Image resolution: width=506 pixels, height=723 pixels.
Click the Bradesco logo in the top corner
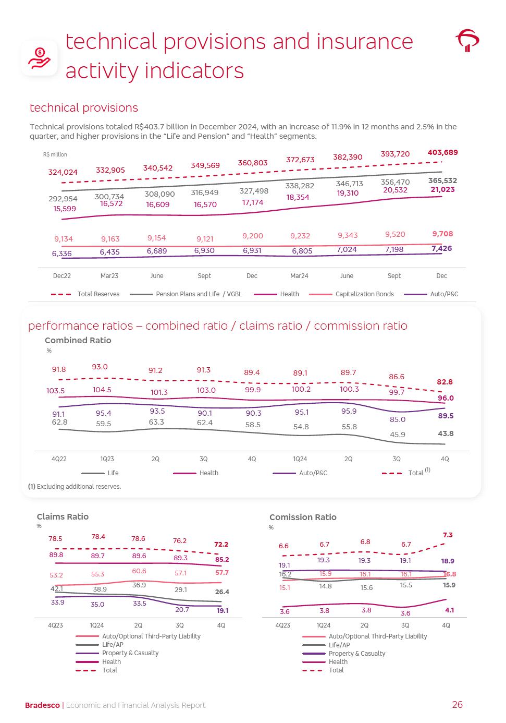click(x=467, y=40)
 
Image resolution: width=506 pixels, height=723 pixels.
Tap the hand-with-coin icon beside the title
click(x=40, y=58)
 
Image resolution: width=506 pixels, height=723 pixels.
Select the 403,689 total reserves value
click(x=442, y=152)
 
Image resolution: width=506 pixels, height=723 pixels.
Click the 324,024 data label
click(x=63, y=172)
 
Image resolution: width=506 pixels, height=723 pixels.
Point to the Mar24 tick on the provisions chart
click(x=299, y=276)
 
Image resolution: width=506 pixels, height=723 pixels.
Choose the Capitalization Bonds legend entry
click(x=364, y=294)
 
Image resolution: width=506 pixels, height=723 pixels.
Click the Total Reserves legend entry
click(x=98, y=294)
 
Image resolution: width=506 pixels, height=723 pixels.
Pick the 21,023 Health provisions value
click(x=442, y=189)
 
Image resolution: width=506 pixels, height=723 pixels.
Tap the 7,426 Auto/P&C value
click(x=442, y=248)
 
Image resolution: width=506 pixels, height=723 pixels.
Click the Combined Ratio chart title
click(x=78, y=340)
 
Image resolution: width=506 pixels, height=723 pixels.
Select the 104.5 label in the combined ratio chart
click(x=102, y=390)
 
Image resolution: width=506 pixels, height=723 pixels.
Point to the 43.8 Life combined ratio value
click(x=445, y=433)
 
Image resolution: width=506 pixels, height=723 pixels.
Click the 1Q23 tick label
click(x=107, y=459)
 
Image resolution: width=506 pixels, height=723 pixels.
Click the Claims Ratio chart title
click(x=63, y=516)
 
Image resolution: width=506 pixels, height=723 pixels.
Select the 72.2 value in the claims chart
click(x=221, y=544)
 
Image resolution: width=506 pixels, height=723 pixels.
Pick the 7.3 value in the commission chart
click(x=448, y=535)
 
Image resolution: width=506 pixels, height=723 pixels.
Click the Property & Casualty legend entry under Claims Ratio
click(x=130, y=653)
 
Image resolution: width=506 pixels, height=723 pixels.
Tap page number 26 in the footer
click(x=457, y=705)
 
